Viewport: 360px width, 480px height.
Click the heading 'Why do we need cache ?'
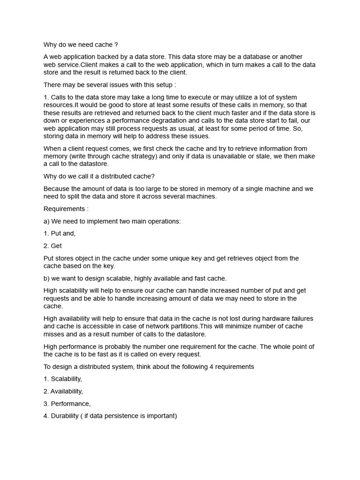81,45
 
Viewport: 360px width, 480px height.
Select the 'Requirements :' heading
66,209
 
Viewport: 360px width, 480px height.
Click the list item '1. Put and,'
60,233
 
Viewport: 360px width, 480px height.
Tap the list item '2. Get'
53,246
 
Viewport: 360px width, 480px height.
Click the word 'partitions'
181,326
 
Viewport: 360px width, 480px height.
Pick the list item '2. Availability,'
63,391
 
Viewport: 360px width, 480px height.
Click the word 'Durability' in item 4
66,416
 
